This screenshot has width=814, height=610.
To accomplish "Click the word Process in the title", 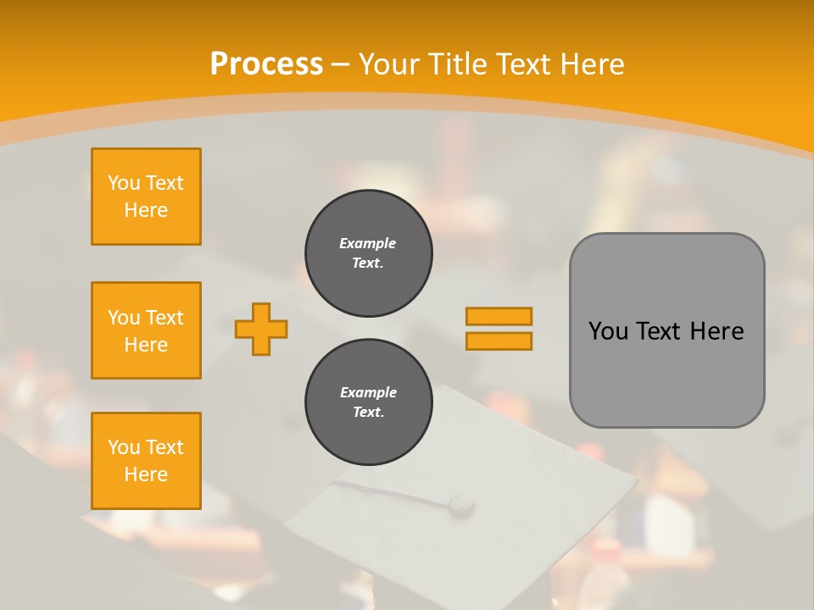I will [x=266, y=64].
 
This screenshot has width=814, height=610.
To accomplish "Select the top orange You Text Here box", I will [x=146, y=197].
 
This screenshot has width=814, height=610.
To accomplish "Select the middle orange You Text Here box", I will [x=146, y=330].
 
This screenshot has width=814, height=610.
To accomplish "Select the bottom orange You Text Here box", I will [x=146, y=460].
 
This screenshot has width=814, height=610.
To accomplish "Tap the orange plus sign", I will [x=261, y=329].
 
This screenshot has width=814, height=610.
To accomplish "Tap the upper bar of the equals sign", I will [x=499, y=316].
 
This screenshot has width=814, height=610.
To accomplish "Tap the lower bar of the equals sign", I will [x=499, y=341].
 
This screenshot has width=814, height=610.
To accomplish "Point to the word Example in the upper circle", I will [x=367, y=243].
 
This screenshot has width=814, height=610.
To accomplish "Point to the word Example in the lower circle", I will [x=368, y=392].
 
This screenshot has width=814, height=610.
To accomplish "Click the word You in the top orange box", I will [x=124, y=183].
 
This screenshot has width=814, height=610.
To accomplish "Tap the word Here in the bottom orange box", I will [x=146, y=474].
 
